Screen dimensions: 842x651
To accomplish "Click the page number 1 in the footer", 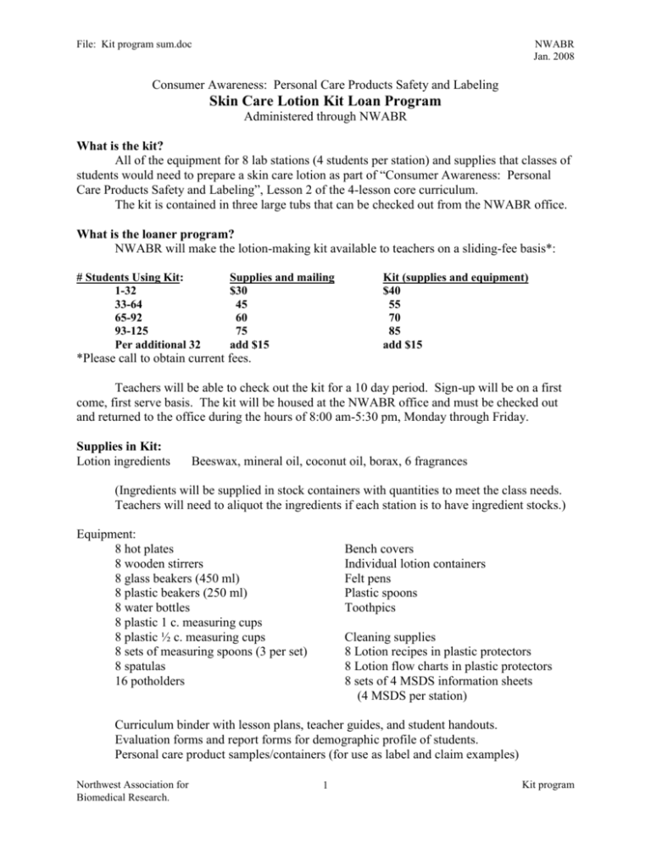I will (x=325, y=812).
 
